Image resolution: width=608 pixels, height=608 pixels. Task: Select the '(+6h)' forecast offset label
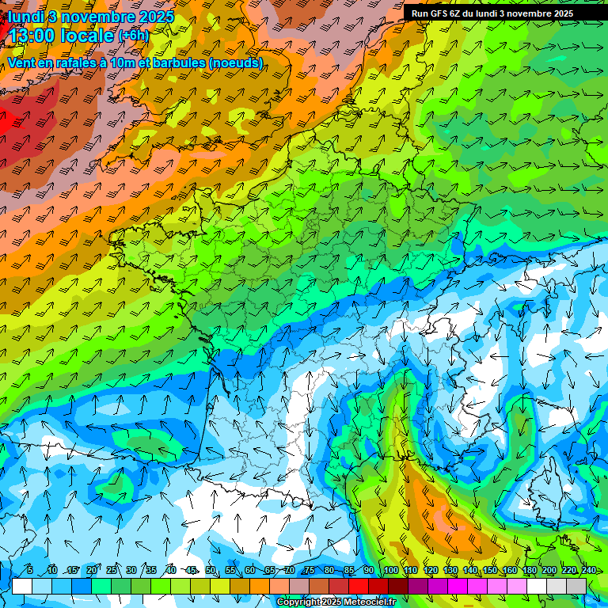pos(133,36)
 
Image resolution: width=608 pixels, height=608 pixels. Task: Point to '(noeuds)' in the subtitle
pos(231,63)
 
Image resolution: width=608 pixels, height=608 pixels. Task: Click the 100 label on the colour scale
pos(389,571)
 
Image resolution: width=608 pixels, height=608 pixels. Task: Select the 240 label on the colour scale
pos(588,571)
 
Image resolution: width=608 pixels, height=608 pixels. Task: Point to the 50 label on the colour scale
pos(211,571)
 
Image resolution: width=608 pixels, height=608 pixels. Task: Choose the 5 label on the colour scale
pos(30,571)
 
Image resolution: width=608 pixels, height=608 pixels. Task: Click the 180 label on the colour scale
pos(529,571)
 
